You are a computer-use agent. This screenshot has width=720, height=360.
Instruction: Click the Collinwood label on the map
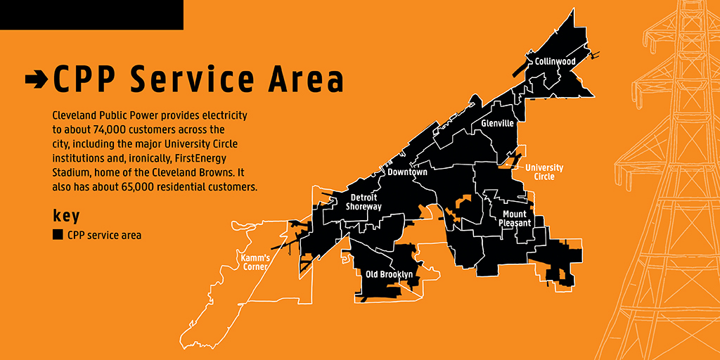point(555,62)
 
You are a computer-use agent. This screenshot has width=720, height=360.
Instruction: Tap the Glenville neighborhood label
point(498,124)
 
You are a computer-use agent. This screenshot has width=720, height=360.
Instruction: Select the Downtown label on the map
point(407,172)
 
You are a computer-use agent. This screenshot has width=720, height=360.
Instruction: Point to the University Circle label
point(544,172)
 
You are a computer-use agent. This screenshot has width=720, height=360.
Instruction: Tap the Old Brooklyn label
point(389,274)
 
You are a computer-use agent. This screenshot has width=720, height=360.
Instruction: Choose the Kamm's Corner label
point(255,262)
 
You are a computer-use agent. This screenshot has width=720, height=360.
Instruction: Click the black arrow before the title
point(36,79)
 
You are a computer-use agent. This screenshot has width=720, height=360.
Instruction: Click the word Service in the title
point(197,79)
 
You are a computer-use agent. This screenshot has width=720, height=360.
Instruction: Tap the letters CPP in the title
point(84,79)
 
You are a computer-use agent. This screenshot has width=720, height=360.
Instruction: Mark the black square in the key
point(58,235)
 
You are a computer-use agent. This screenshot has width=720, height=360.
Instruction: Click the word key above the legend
point(66,215)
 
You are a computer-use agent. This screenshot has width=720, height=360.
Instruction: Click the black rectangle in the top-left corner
point(91,15)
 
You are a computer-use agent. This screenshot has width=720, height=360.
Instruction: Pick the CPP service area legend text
point(105,235)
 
